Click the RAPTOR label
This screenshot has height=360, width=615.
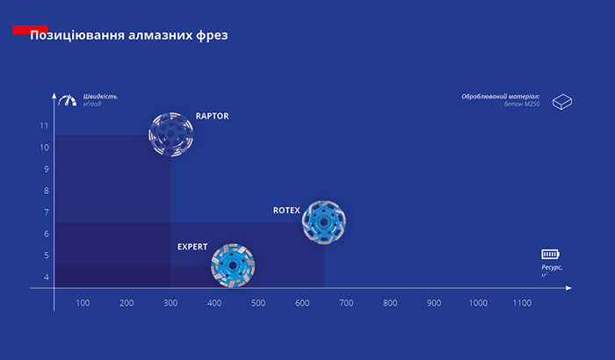click(212, 115)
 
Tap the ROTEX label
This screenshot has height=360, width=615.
click(286, 211)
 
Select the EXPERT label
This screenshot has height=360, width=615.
click(192, 247)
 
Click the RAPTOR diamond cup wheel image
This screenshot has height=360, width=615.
click(170, 135)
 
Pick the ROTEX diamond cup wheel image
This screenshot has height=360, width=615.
click(323, 222)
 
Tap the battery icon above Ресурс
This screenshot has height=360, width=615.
click(550, 254)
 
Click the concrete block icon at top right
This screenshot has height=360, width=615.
click(562, 104)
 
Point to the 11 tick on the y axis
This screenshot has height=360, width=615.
click(44, 126)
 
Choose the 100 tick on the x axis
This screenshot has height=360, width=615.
click(83, 303)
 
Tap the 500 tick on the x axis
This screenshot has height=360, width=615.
click(258, 303)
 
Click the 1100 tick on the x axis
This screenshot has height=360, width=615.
click(522, 303)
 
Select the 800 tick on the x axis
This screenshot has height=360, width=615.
click(390, 303)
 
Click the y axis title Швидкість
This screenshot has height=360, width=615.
click(100, 96)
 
